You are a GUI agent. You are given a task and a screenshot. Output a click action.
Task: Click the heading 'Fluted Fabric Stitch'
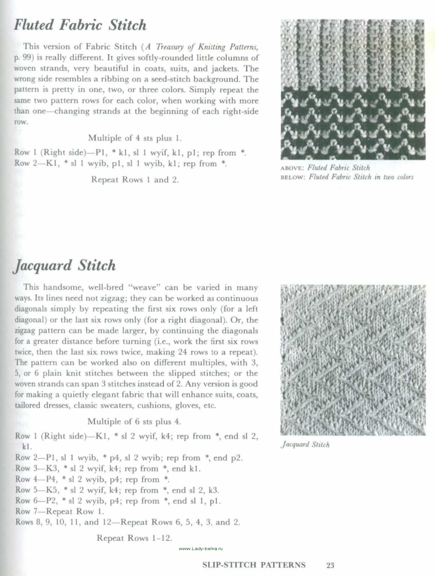[80, 25]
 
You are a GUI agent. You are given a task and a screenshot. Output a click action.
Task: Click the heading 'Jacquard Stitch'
[64, 266]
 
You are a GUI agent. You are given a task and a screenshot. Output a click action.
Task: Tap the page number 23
[330, 565]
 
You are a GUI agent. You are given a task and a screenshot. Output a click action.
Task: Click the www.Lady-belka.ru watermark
[201, 548]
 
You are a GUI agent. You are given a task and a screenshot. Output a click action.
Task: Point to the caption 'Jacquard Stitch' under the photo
[305, 444]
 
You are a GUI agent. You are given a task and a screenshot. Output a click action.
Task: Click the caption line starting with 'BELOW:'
[347, 177]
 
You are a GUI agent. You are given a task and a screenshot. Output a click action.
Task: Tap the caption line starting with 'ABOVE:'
[325, 168]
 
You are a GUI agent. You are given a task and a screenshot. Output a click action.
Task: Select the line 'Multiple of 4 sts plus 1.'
[135, 138]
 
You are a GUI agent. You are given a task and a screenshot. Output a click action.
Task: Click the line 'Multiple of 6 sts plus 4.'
[134, 422]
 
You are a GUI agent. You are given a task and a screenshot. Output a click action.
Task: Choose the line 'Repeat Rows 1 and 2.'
[135, 180]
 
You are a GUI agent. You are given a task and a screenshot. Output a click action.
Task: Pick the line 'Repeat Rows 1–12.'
[134, 538]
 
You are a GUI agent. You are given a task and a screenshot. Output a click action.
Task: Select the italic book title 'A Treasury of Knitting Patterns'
[201, 47]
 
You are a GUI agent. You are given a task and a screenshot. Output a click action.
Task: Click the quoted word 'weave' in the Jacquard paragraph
[144, 287]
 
